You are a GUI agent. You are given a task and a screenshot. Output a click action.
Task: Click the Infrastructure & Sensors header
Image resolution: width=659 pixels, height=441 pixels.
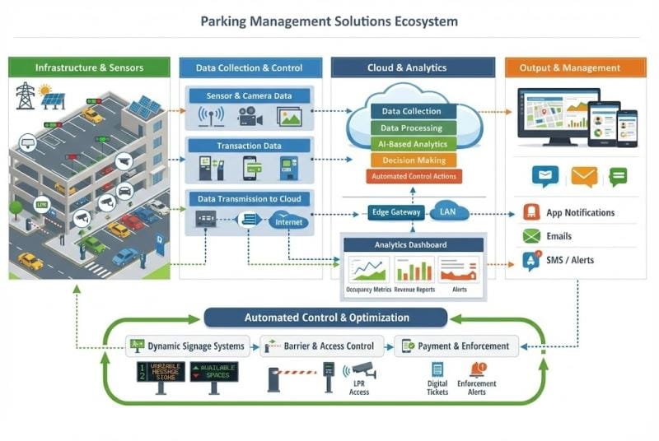click(x=89, y=67)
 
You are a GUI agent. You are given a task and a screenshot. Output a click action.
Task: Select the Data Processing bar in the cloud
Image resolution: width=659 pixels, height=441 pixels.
click(x=411, y=128)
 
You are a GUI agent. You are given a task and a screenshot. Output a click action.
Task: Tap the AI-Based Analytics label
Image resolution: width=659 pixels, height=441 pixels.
click(x=411, y=144)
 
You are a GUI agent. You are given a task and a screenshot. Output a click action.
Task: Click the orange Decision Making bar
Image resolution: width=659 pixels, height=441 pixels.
click(x=411, y=160)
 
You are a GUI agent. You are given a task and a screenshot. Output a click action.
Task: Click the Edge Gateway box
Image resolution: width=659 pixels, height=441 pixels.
click(x=395, y=212)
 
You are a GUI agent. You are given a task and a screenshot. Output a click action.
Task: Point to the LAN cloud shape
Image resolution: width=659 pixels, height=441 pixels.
click(x=449, y=212)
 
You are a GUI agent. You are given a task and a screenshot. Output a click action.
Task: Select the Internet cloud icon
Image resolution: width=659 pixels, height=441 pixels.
click(x=288, y=221)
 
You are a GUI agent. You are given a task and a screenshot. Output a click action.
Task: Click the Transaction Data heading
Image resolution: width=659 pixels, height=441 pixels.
click(x=249, y=146)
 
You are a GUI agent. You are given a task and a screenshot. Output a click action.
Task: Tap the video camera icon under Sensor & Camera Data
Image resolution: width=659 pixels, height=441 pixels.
click(x=249, y=118)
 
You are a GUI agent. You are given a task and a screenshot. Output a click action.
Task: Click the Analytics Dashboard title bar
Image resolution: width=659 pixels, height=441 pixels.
click(x=410, y=244)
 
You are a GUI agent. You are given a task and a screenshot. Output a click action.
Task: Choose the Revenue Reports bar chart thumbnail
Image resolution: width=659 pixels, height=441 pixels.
click(x=414, y=270)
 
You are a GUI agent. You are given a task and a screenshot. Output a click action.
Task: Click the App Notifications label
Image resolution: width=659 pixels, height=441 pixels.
click(x=581, y=212)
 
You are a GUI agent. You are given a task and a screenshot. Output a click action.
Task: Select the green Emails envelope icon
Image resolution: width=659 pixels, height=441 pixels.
click(x=531, y=236)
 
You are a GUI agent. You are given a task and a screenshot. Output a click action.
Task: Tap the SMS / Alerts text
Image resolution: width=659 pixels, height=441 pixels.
click(x=570, y=260)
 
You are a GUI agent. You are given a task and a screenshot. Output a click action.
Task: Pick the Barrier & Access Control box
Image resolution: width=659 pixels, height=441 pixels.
click(x=323, y=346)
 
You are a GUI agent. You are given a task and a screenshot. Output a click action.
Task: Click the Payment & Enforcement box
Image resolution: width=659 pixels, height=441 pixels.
click(x=457, y=346)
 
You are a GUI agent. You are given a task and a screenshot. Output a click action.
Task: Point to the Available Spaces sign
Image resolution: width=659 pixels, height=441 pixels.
click(x=214, y=371)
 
